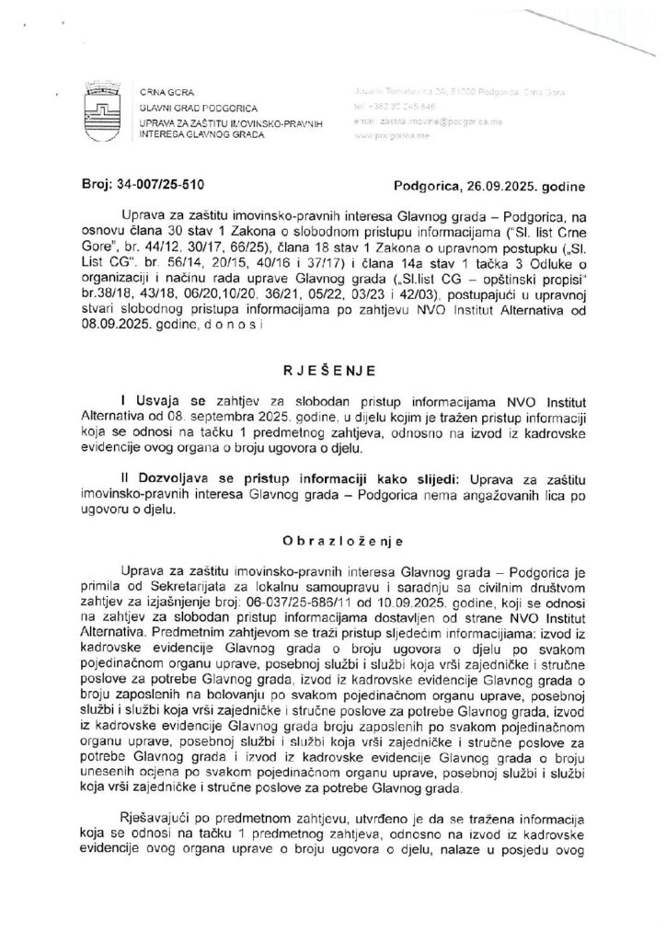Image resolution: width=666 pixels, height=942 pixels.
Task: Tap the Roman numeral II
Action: click(124, 479)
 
